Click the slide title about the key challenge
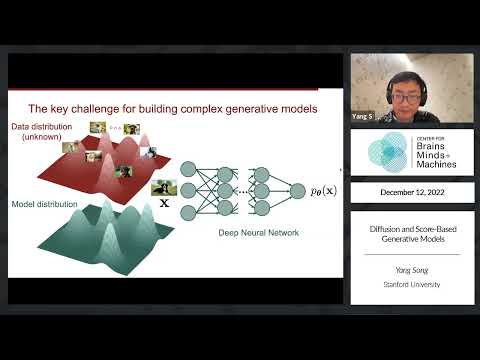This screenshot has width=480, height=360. pyautogui.click(x=172, y=108)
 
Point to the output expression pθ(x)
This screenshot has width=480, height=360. pyautogui.click(x=322, y=189)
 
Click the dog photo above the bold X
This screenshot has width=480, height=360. pyautogui.click(x=163, y=187)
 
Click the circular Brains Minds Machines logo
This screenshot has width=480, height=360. pyautogui.click(x=386, y=152)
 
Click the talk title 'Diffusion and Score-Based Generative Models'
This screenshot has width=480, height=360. pyautogui.click(x=411, y=235)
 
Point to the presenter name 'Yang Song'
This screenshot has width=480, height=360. pyautogui.click(x=411, y=267)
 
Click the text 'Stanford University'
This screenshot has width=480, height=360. pyautogui.click(x=411, y=285)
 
